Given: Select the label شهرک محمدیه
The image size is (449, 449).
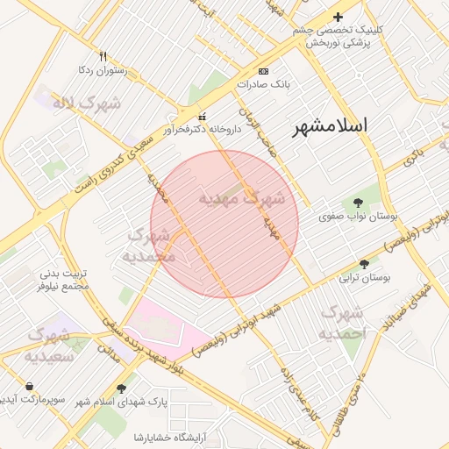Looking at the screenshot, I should click(x=153, y=246).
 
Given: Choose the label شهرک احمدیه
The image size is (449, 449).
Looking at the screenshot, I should click(x=342, y=323).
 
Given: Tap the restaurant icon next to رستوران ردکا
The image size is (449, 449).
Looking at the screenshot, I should click(x=103, y=55).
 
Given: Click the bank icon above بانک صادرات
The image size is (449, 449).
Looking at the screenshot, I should click(x=263, y=71).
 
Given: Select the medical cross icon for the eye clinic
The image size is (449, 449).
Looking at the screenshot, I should click(x=338, y=17).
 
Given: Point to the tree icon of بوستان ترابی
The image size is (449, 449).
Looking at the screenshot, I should click(x=364, y=263).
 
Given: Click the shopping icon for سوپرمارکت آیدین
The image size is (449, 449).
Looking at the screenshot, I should click(x=31, y=386).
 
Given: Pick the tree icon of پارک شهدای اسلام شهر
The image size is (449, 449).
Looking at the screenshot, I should click(x=121, y=388).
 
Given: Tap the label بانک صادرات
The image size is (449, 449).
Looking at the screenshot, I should click(x=263, y=86).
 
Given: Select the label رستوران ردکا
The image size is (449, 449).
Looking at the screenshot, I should click(x=103, y=69).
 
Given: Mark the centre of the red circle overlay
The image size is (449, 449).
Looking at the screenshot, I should click(x=224, y=224).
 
